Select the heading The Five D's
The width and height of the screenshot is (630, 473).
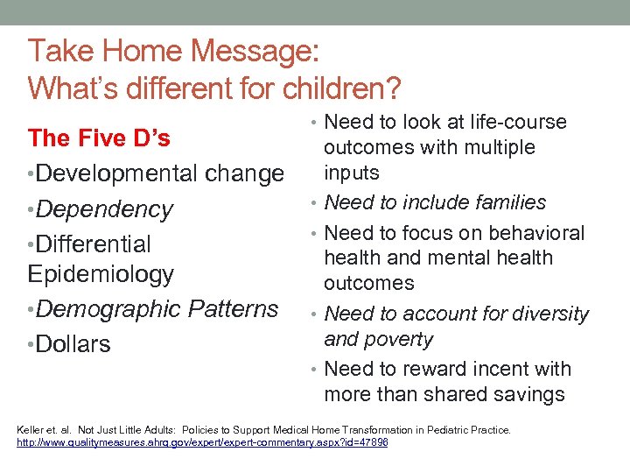[x=99, y=138]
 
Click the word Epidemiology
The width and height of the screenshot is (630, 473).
[x=101, y=274]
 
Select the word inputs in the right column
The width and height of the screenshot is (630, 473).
[x=352, y=173]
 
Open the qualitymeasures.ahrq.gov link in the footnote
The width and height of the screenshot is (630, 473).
[x=202, y=443]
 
